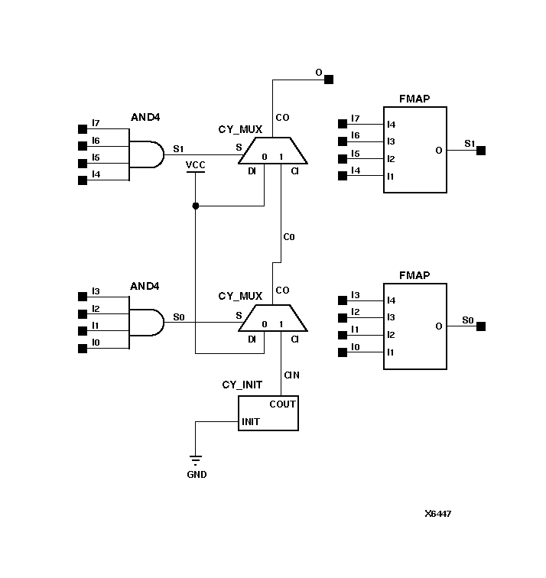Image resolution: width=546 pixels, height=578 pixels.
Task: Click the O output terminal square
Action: [329, 79]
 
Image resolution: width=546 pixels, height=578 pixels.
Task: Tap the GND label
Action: [197, 475]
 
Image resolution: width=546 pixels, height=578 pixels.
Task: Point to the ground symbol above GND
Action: [196, 460]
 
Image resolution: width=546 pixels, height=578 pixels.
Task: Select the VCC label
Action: [196, 164]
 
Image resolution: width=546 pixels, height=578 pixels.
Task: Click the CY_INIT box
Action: [268, 413]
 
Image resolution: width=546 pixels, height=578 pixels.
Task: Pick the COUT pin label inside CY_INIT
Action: [282, 404]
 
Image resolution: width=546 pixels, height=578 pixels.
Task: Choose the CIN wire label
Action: [291, 375]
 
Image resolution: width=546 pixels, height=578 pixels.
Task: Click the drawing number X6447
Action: [438, 514]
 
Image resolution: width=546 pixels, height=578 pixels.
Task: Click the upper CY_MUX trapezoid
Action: [273, 151]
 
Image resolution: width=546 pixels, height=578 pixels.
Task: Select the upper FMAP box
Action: [414, 150]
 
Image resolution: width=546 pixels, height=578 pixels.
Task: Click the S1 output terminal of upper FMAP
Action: [481, 151]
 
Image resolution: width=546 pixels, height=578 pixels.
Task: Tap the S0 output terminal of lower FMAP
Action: [481, 326]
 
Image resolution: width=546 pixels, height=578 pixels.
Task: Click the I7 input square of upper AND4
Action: [83, 128]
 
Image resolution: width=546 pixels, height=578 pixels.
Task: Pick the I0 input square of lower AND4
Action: [83, 349]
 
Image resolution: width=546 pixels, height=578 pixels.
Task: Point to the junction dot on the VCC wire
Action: [196, 206]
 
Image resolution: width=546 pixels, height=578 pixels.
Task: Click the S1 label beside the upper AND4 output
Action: [178, 148]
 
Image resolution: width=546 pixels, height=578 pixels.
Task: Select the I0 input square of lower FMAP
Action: [343, 352]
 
